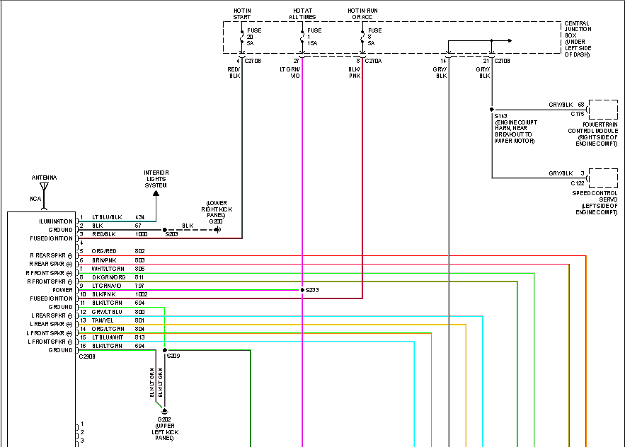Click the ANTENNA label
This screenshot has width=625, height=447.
(x=43, y=178)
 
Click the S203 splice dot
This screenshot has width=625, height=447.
(x=165, y=230)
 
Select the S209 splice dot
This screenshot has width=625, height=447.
(x=165, y=350)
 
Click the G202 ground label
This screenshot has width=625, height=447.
(x=164, y=419)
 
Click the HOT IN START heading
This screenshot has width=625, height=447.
(x=242, y=13)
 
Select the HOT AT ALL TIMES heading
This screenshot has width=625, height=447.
(x=302, y=13)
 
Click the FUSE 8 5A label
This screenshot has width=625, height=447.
(x=374, y=37)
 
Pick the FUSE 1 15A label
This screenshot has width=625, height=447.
(x=314, y=37)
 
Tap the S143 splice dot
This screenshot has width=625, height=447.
(x=492, y=110)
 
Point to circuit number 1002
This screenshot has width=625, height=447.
(x=142, y=294)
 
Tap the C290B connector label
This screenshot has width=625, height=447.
(x=88, y=356)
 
